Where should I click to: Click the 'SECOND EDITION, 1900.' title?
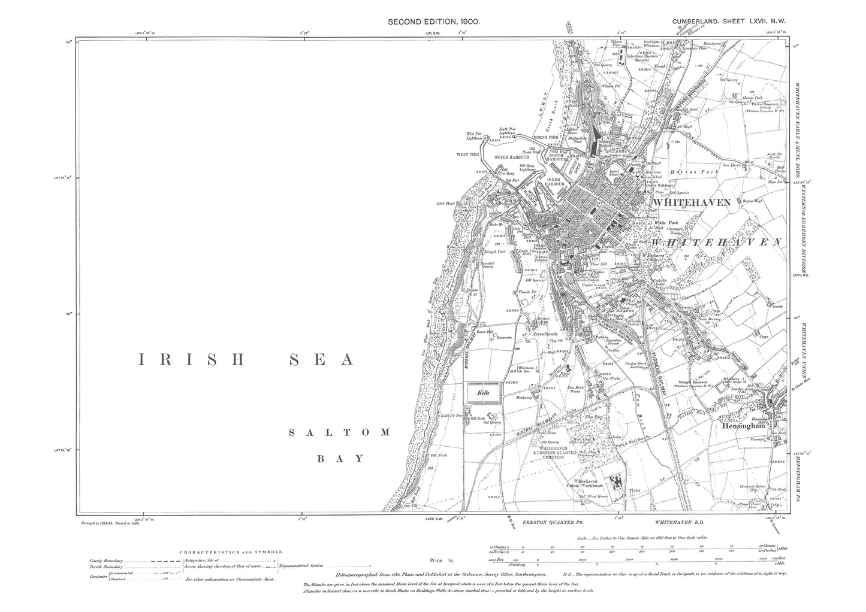(x=434, y=21)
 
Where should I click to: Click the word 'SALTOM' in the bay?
(x=339, y=432)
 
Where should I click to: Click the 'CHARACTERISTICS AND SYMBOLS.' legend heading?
(x=233, y=553)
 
